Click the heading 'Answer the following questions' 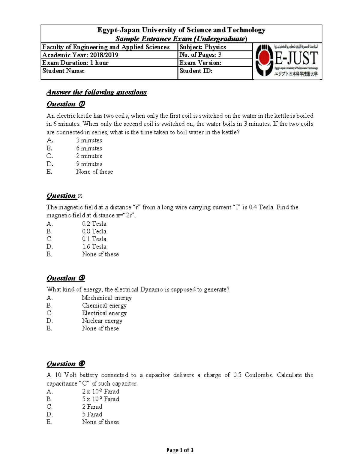coord(96,92)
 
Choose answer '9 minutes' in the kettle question coord(89,164)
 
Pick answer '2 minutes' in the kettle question coord(89,156)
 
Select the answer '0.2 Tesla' coord(94,224)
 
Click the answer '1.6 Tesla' coord(94,247)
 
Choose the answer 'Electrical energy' coord(104,313)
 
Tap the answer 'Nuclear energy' coord(102,321)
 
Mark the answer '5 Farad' coord(92,414)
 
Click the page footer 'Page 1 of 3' coord(180,450)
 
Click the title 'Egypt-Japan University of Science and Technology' coord(181,30)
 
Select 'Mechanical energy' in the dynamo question coord(106,298)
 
